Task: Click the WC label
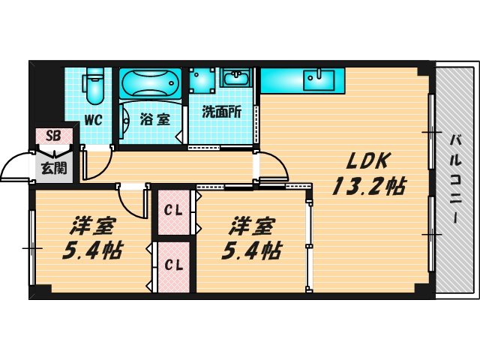pos(93,120)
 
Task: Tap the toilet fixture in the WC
pos(94,85)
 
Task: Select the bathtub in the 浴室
pos(150,83)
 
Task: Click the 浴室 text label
pos(155,119)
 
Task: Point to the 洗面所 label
pos(221,112)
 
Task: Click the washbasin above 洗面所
pos(235,78)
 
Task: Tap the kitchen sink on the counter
pos(319,80)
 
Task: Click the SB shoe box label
pos(53,136)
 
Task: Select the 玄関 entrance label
pos(54,168)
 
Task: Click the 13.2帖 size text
pos(369,186)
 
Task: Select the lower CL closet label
pos(173,265)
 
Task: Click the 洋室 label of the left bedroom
pos(92,226)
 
